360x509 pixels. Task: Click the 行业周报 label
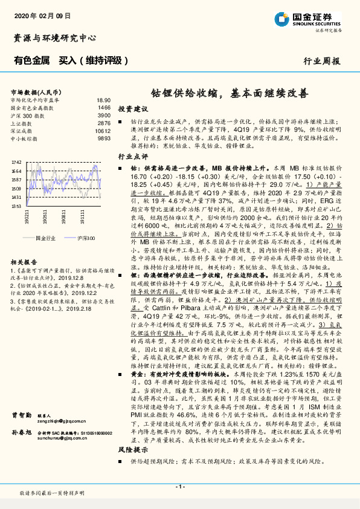[x=321, y=61]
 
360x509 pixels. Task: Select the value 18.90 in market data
[x=103, y=100]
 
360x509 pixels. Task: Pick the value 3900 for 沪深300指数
[x=103, y=115]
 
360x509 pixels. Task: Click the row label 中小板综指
[x=26, y=138]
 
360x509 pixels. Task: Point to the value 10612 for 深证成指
[x=102, y=131]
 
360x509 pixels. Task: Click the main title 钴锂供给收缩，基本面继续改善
[x=229, y=94]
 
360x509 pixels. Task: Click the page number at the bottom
[x=179, y=487]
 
